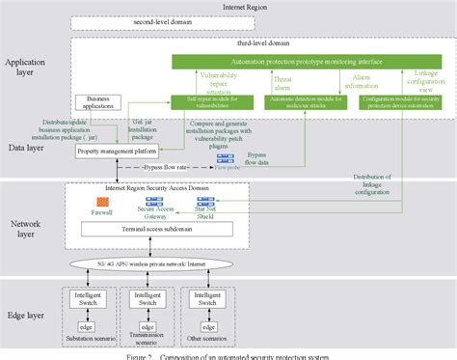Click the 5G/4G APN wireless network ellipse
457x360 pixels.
click(x=146, y=263)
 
